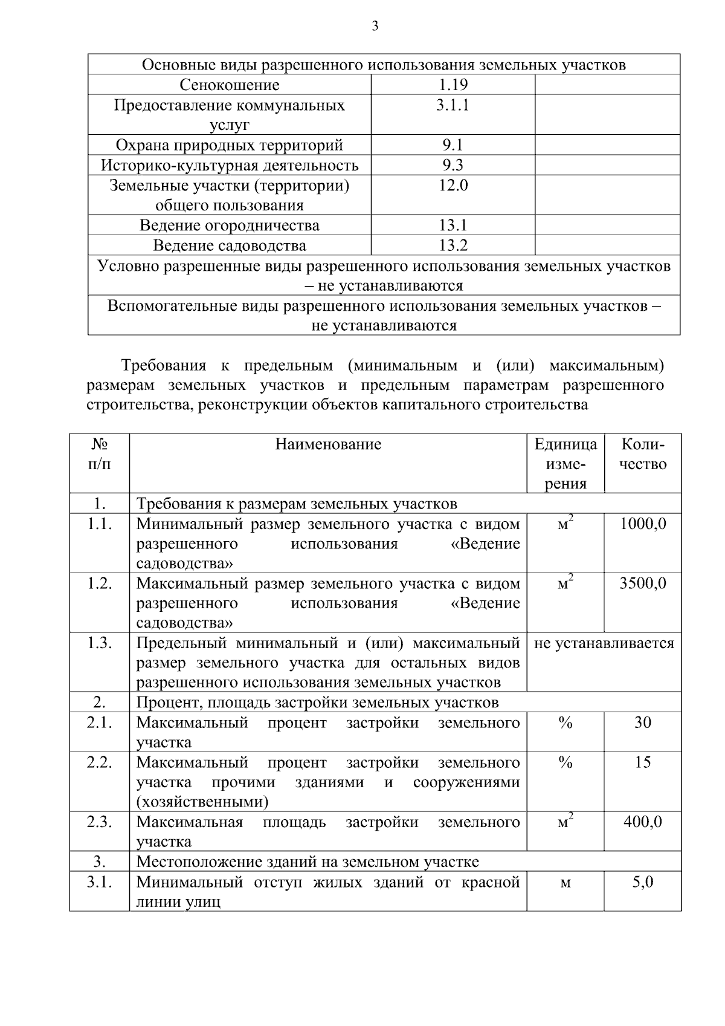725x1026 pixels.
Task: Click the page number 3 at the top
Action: click(375, 26)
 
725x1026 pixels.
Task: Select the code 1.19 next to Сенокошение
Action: click(453, 85)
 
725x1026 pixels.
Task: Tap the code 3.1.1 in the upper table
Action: click(453, 105)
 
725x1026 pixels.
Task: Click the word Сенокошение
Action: click(230, 85)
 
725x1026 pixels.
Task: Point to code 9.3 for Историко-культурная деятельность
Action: click(453, 165)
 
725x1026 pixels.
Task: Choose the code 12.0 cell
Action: click(453, 186)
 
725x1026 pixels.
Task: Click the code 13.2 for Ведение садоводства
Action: click(453, 245)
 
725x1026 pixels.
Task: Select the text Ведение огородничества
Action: click(230, 226)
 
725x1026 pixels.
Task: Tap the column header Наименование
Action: click(328, 444)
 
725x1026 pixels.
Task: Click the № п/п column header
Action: click(100, 454)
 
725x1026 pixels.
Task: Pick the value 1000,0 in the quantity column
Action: click(643, 524)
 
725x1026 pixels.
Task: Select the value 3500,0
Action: click(643, 583)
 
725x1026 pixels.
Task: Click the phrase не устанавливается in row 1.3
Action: click(604, 643)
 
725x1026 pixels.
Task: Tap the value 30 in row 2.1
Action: click(643, 722)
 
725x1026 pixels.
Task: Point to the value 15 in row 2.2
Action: click(643, 762)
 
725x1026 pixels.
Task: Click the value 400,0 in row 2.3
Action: click(643, 822)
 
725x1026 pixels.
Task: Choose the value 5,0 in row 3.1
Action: click(643, 882)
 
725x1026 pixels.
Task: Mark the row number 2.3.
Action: click(100, 822)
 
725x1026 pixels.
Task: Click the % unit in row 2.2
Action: click(565, 763)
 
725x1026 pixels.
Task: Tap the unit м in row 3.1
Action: click(565, 883)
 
